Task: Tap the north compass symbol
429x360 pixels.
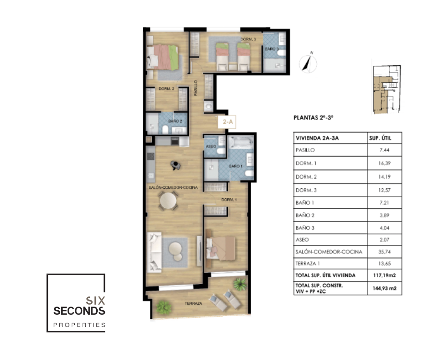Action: (308, 63)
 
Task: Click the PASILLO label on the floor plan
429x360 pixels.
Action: (196, 88)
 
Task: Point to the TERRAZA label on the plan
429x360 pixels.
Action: (194, 303)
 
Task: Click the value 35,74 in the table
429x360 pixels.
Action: (384, 252)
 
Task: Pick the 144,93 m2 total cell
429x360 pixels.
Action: (384, 288)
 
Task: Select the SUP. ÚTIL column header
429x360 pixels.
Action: (380, 138)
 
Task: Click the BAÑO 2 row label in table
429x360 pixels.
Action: (305, 215)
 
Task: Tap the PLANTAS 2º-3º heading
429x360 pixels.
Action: (314, 118)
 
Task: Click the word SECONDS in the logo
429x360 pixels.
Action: (79, 311)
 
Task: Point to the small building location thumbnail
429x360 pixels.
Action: (387, 90)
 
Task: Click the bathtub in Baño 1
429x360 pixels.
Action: (241, 143)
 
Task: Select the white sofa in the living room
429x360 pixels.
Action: (154, 252)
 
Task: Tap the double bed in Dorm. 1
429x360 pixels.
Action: (221, 248)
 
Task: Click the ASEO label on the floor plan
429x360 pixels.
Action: (211, 147)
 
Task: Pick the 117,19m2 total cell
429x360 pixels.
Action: (384, 275)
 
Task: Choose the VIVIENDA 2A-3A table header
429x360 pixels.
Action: (317, 138)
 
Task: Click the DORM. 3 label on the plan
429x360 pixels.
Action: (248, 39)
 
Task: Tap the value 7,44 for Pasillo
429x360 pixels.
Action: (384, 150)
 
